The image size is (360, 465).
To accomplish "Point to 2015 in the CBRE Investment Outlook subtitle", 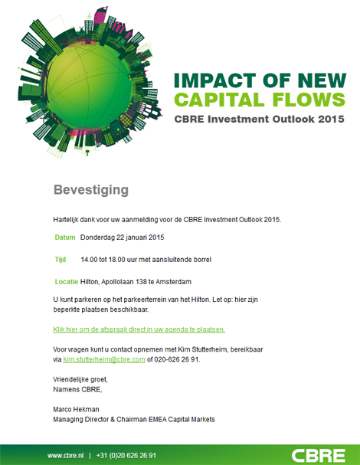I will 330,120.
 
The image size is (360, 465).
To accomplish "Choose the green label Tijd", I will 61,260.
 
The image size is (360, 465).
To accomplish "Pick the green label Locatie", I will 66,282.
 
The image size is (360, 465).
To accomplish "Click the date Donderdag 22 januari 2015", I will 123,237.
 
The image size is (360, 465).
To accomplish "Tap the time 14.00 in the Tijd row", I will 90,260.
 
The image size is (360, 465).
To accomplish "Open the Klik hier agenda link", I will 139,329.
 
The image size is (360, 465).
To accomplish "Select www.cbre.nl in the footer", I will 65,455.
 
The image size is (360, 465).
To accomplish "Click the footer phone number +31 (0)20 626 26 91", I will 126,455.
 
